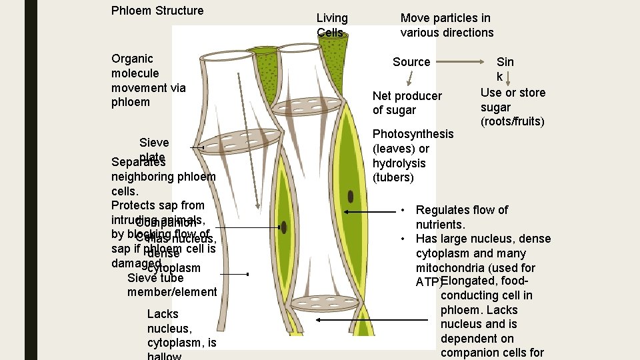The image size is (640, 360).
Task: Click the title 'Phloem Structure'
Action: pyautogui.click(x=157, y=11)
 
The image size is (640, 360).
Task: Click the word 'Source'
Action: pyautogui.click(x=411, y=62)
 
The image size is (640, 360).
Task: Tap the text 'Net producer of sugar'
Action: pyautogui.click(x=407, y=103)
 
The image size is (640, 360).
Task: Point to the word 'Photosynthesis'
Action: pyautogui.click(x=413, y=134)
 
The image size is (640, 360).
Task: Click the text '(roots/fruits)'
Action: pyautogui.click(x=512, y=121)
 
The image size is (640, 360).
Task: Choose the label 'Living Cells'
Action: pyautogui.click(x=332, y=25)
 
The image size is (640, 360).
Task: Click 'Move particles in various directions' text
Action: pyautogui.click(x=447, y=25)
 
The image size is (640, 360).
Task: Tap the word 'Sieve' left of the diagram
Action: pyautogui.click(x=154, y=142)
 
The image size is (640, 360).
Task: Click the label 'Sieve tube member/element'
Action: pyautogui.click(x=172, y=285)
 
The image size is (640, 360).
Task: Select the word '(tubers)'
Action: pyautogui.click(x=393, y=178)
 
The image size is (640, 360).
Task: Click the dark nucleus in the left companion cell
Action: pyautogui.click(x=284, y=227)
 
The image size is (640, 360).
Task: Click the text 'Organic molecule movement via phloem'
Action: pyautogui.click(x=149, y=80)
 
